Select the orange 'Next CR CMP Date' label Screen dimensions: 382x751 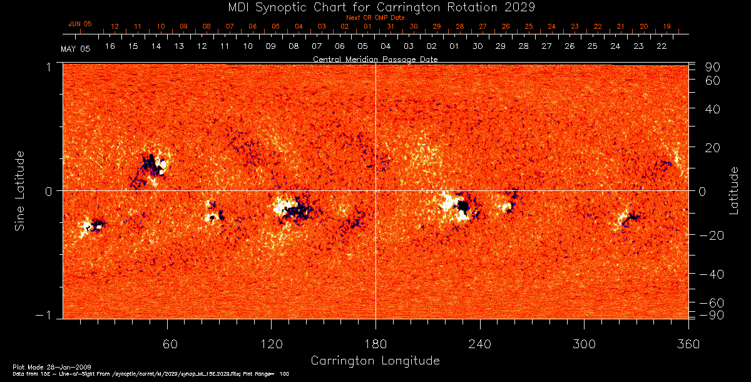[x=375, y=18]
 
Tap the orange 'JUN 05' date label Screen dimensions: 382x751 [x=79, y=24]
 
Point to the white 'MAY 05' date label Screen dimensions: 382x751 [x=75, y=49]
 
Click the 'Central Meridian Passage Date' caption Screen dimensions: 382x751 [x=375, y=59]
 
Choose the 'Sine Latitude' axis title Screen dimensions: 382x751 [x=21, y=190]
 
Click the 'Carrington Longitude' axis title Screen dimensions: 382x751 [x=375, y=361]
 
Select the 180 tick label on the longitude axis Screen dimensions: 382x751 [x=375, y=344]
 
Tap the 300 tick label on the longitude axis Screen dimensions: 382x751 [x=583, y=344]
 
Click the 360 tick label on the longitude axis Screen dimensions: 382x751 [x=688, y=344]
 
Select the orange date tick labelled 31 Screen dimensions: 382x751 [x=391, y=27]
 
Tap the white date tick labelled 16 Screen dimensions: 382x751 [x=110, y=46]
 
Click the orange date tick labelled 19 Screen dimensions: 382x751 [x=667, y=27]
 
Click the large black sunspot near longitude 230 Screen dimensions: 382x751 [x=463, y=206]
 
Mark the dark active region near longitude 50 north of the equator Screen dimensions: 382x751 [x=150, y=164]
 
